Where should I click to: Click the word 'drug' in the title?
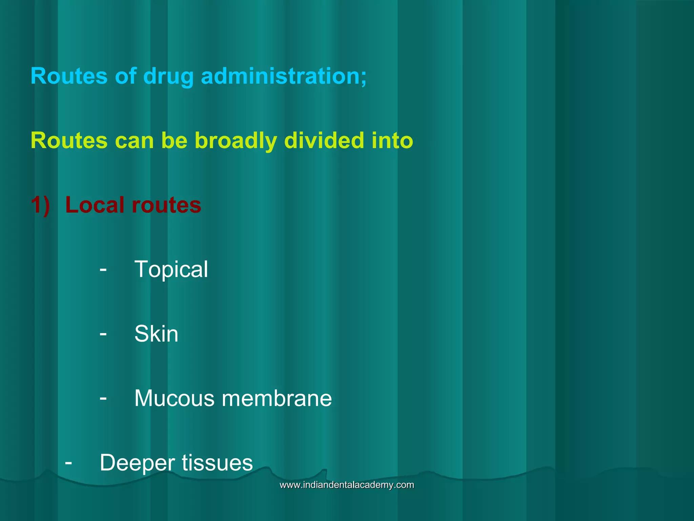coord(168,76)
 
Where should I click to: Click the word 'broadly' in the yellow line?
coord(236,140)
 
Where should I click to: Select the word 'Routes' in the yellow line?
coord(69,140)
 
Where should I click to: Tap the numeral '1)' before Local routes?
coord(40,205)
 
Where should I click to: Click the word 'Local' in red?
coord(95,205)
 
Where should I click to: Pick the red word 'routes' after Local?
coord(166,205)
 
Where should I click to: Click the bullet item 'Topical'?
coord(171,269)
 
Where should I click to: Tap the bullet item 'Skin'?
coord(156,334)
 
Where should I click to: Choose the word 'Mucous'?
coord(174,398)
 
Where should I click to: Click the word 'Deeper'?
coord(137,463)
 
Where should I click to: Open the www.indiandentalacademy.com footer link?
coord(347,485)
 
